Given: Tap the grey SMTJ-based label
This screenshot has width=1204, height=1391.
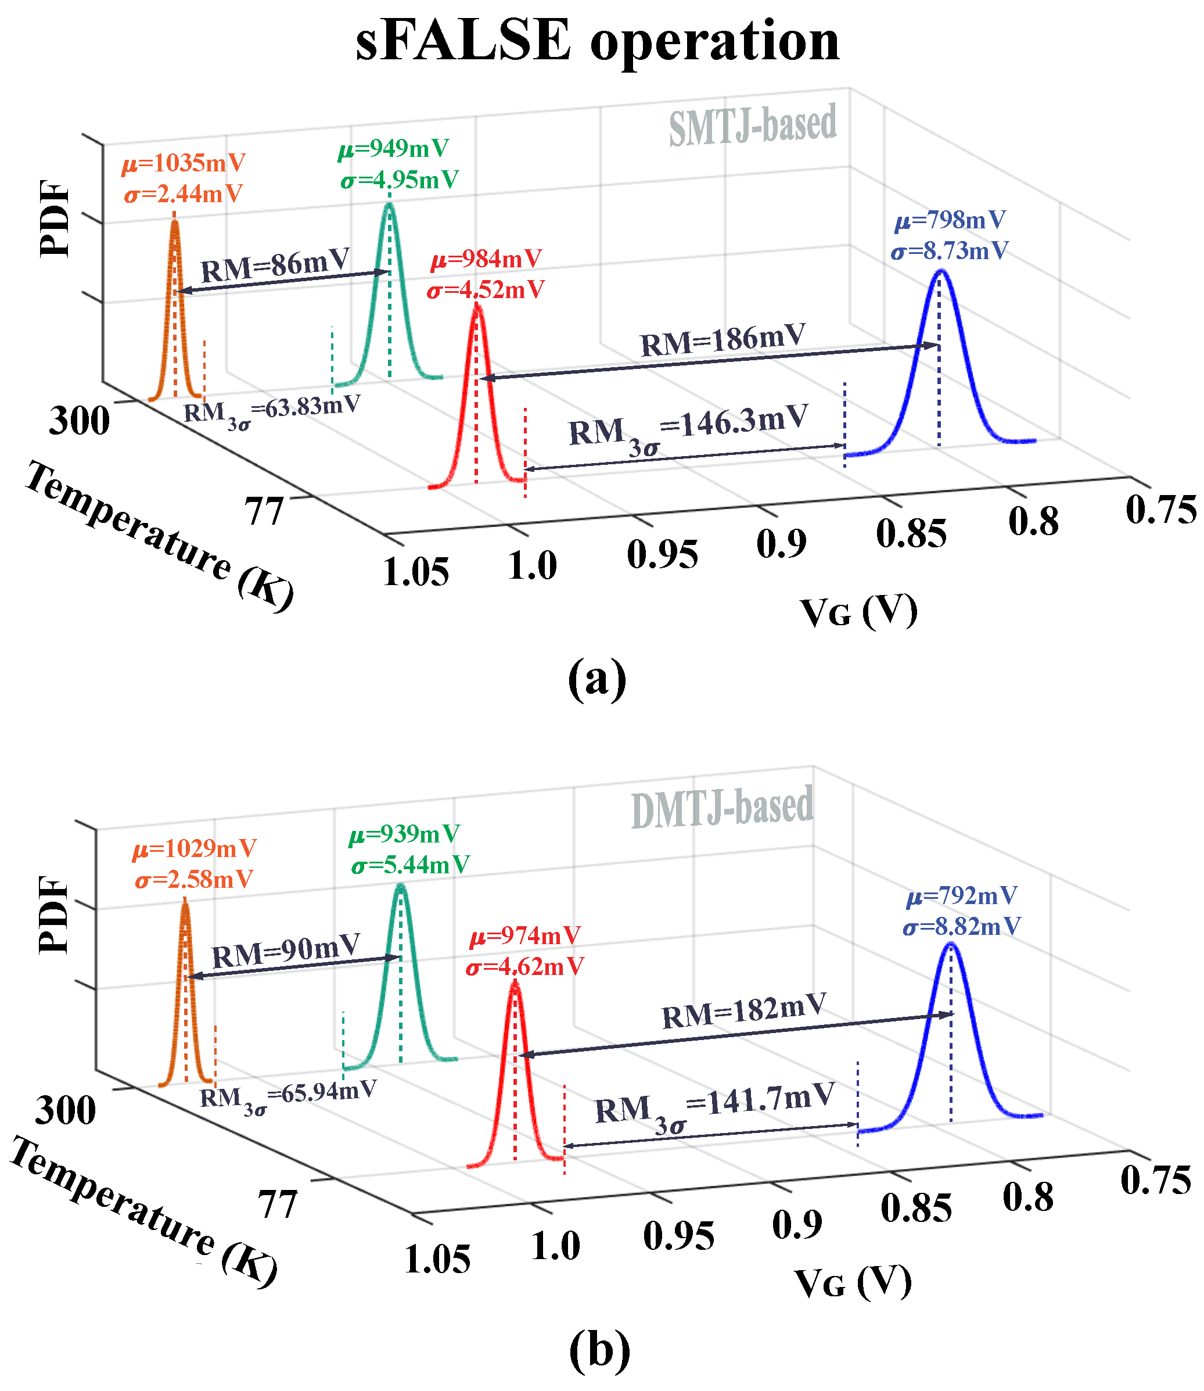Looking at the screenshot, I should (753, 125).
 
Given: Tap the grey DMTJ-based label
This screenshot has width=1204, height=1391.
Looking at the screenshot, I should (723, 808).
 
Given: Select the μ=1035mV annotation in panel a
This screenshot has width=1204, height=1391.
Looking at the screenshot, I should (184, 163).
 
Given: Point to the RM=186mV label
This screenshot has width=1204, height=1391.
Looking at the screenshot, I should (723, 340).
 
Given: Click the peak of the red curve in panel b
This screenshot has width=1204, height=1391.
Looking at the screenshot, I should (515, 983).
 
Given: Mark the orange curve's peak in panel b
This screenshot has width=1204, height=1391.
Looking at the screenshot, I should (185, 905).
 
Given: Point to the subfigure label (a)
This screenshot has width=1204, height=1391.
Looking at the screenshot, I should (596, 679).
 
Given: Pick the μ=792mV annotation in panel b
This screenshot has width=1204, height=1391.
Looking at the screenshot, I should (961, 897).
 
